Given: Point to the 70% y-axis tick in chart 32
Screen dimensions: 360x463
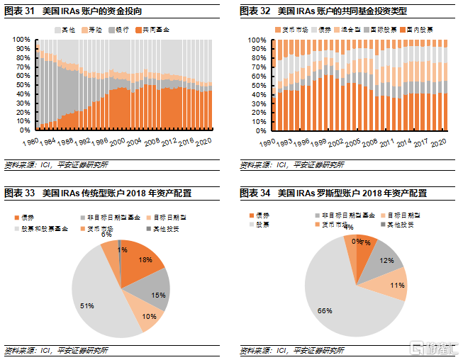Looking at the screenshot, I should pyautogui.click(x=257, y=67).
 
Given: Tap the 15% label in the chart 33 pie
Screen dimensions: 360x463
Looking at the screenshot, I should pyautogui.click(x=157, y=295).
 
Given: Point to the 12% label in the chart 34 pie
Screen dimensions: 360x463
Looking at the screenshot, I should pyautogui.click(x=386, y=261).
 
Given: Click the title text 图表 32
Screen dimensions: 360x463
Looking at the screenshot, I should pyautogui.click(x=254, y=11).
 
